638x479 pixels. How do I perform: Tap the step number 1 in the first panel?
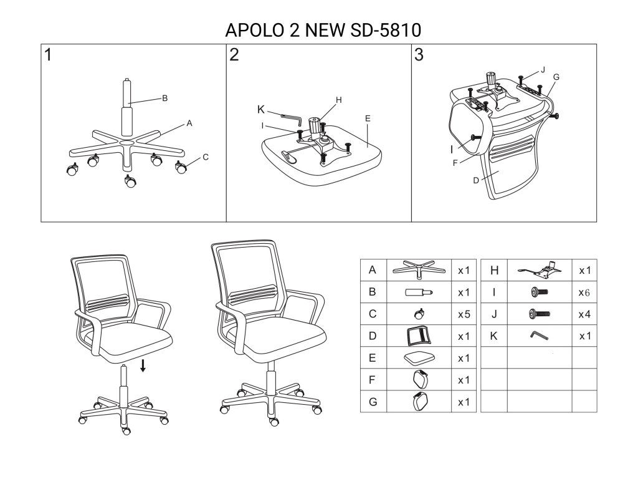[x=48, y=55]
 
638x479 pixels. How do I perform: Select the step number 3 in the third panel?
[x=419, y=55]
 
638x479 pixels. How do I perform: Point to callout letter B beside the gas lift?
[x=165, y=98]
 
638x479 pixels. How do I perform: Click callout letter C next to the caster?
[x=205, y=157]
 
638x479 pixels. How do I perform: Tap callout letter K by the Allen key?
[x=261, y=110]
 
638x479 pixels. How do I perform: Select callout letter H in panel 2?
[x=339, y=100]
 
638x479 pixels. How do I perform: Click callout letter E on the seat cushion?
[x=368, y=118]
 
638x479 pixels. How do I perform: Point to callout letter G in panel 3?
[x=556, y=77]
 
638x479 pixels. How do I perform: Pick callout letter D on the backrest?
[x=476, y=181]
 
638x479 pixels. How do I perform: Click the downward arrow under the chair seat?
[x=143, y=365]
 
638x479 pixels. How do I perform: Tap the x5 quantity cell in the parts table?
[x=464, y=314]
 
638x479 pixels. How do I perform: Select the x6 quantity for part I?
[x=584, y=293]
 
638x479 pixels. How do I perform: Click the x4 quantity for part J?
[x=584, y=314]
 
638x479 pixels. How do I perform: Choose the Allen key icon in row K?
[x=539, y=336]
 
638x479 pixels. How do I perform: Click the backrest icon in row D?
[x=418, y=336]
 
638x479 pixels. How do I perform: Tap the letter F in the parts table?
[x=373, y=379]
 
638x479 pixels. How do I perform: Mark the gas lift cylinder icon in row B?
[x=418, y=292]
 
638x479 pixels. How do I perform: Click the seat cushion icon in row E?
[x=418, y=358]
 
